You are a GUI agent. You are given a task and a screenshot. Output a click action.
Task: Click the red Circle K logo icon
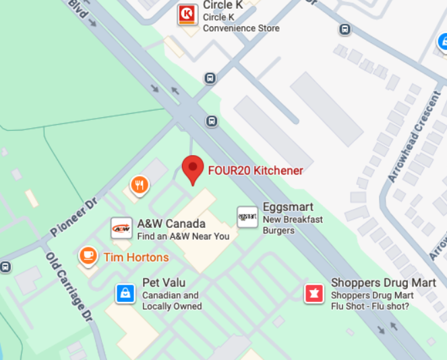click(187, 14)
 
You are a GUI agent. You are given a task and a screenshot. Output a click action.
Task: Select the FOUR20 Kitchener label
click(256, 171)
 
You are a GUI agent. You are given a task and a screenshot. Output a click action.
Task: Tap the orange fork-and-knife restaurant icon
click(140, 185)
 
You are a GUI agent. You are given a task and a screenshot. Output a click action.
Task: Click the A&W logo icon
click(121, 229)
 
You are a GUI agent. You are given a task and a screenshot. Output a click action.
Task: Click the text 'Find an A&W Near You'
click(183, 236)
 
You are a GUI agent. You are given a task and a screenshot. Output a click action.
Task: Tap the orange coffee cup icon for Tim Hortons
click(88, 256)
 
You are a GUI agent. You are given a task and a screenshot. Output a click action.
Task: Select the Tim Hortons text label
click(136, 257)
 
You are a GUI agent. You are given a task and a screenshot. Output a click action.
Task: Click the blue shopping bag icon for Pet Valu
click(125, 293)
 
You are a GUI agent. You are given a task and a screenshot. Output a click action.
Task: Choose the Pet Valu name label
click(163, 282)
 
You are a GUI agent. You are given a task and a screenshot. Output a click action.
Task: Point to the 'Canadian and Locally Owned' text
click(172, 301)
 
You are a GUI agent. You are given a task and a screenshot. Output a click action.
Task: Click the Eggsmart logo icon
click(247, 216)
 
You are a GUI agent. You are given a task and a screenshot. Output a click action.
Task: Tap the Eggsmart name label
click(288, 207)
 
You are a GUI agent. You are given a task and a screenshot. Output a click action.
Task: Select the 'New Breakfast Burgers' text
click(292, 225)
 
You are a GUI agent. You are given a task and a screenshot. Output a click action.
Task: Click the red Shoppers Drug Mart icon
click(314, 293)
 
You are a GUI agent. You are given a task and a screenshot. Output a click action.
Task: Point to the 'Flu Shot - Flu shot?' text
click(369, 307)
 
